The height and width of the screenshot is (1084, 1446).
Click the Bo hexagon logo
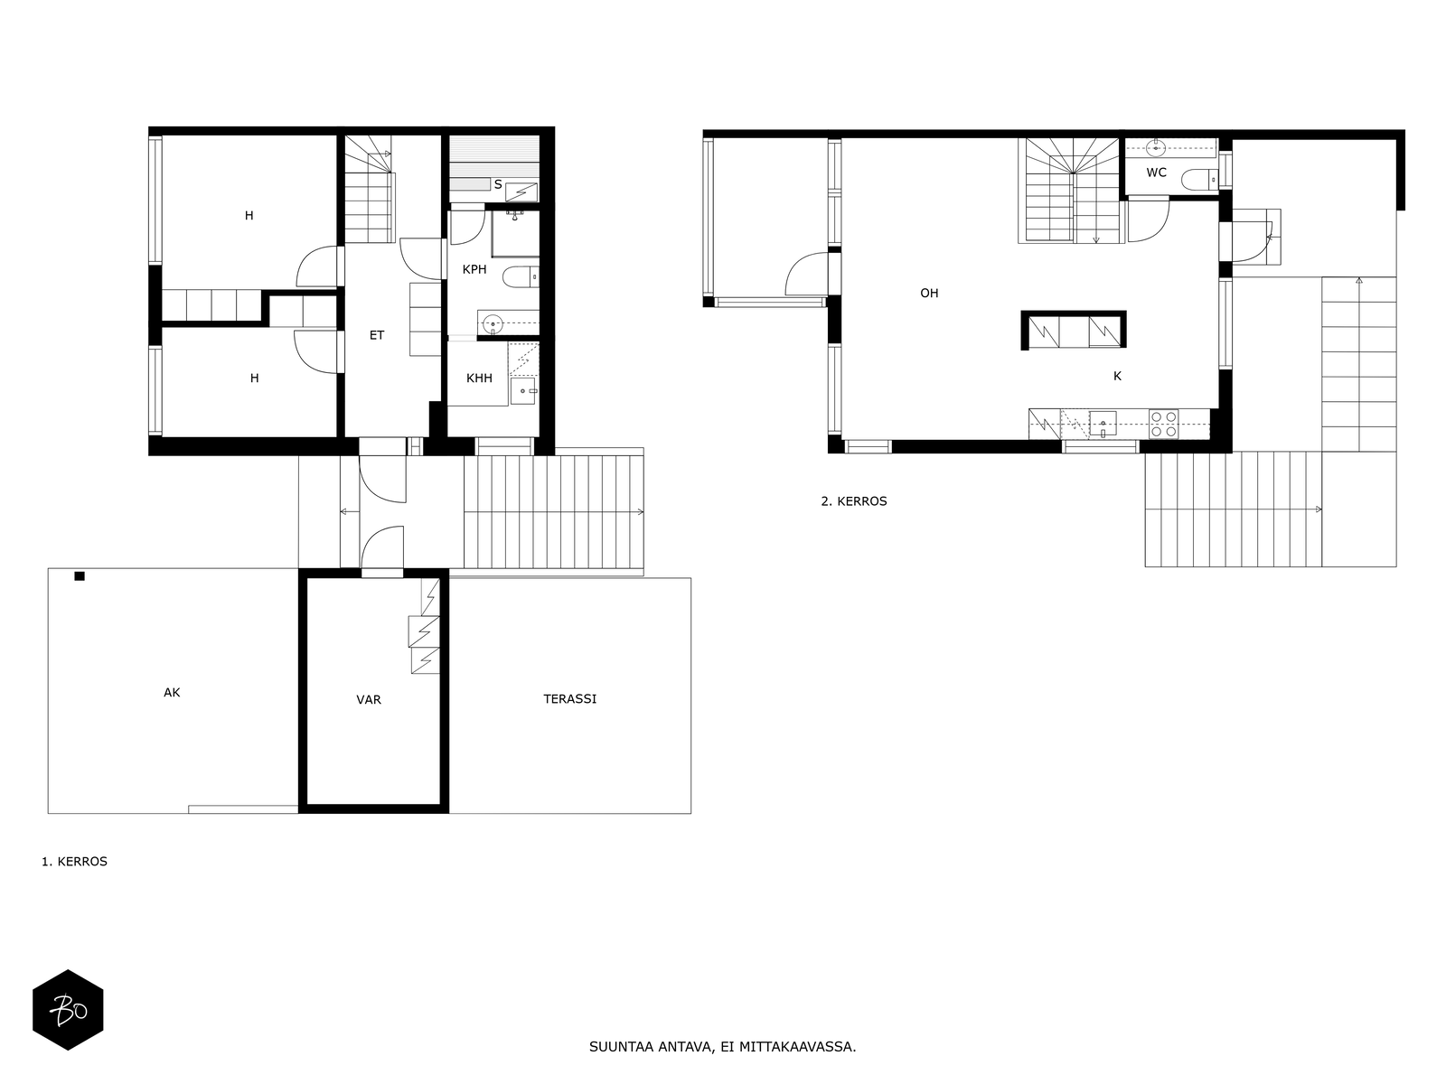tap(68, 1010)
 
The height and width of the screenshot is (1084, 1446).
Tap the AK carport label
tap(172, 692)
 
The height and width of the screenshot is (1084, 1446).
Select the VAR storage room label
tap(369, 699)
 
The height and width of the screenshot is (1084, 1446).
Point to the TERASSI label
tap(570, 699)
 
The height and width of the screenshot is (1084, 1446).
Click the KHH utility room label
tap(480, 378)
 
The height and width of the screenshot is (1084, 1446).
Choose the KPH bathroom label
tap(474, 269)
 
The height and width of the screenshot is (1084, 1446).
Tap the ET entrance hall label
tap(377, 336)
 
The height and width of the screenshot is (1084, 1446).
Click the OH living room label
tap(930, 294)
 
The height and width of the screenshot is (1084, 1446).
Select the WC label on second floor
tap(1156, 173)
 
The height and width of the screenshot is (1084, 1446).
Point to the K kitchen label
tap(1117, 376)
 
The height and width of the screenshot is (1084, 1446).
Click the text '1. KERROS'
tap(74, 862)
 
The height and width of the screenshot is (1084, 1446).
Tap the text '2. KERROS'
tap(854, 501)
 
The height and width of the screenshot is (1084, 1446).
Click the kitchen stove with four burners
tap(1164, 424)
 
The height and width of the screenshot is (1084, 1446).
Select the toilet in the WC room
tap(1199, 179)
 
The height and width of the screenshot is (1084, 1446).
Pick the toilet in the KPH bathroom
tap(521, 277)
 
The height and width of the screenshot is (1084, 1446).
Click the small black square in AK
tap(80, 576)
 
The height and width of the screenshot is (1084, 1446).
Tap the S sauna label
tap(498, 185)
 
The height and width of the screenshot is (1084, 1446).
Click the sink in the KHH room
tap(523, 391)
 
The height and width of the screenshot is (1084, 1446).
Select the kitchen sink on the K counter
tap(1103, 424)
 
